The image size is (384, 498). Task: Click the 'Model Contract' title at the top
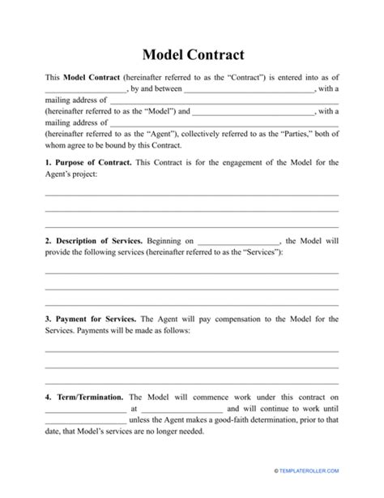coord(191,55)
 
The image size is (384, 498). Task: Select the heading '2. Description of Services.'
coord(94,241)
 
